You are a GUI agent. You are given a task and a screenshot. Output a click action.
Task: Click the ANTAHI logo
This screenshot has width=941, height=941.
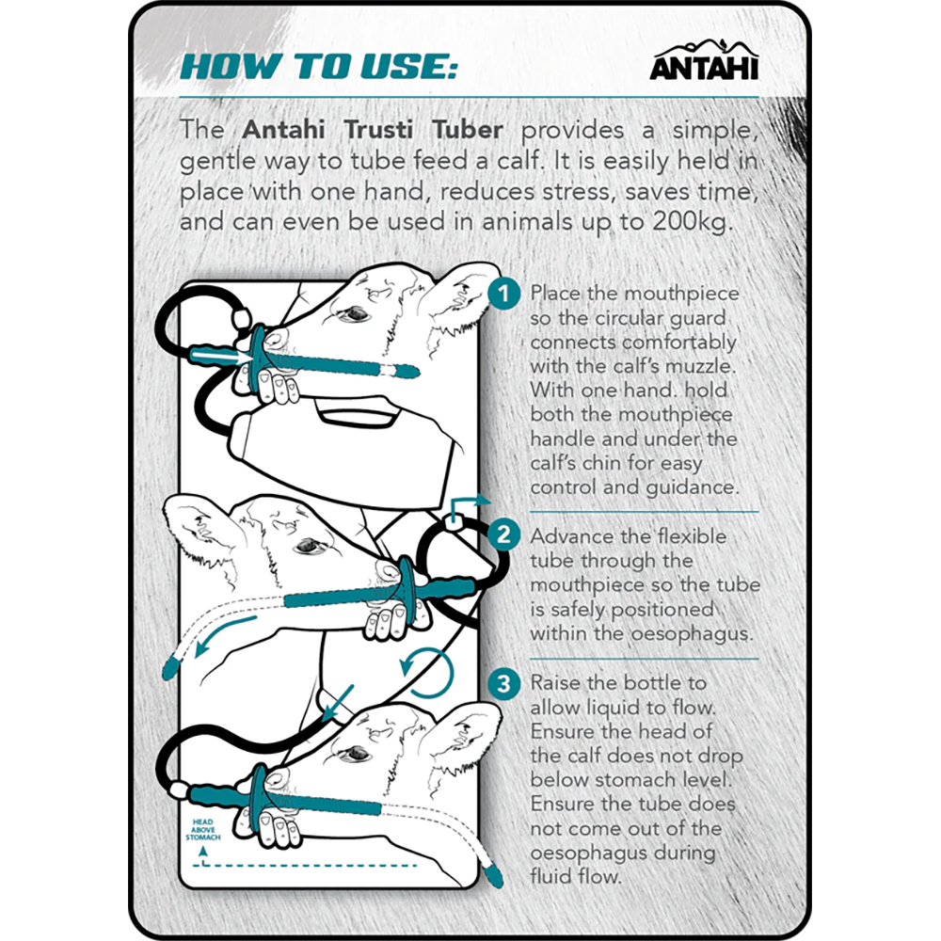[704, 60]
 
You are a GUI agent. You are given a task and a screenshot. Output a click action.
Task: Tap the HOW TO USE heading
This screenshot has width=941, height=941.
[319, 67]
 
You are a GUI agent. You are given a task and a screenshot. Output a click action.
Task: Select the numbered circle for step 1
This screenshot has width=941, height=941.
[503, 294]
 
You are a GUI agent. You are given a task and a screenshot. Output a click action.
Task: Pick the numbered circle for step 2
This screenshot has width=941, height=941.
[503, 534]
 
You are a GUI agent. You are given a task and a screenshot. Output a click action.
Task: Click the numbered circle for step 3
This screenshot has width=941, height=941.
[503, 683]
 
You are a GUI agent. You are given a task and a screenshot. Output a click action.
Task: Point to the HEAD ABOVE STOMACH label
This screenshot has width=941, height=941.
[203, 829]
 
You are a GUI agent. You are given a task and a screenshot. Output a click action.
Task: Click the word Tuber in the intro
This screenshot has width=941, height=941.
[468, 130]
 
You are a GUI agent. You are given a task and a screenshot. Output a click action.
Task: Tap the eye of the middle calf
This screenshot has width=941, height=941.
[309, 546]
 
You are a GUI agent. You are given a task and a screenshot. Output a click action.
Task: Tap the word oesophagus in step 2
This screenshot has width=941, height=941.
[692, 634]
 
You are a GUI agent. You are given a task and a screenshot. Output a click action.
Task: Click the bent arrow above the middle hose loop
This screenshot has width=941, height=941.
[467, 508]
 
